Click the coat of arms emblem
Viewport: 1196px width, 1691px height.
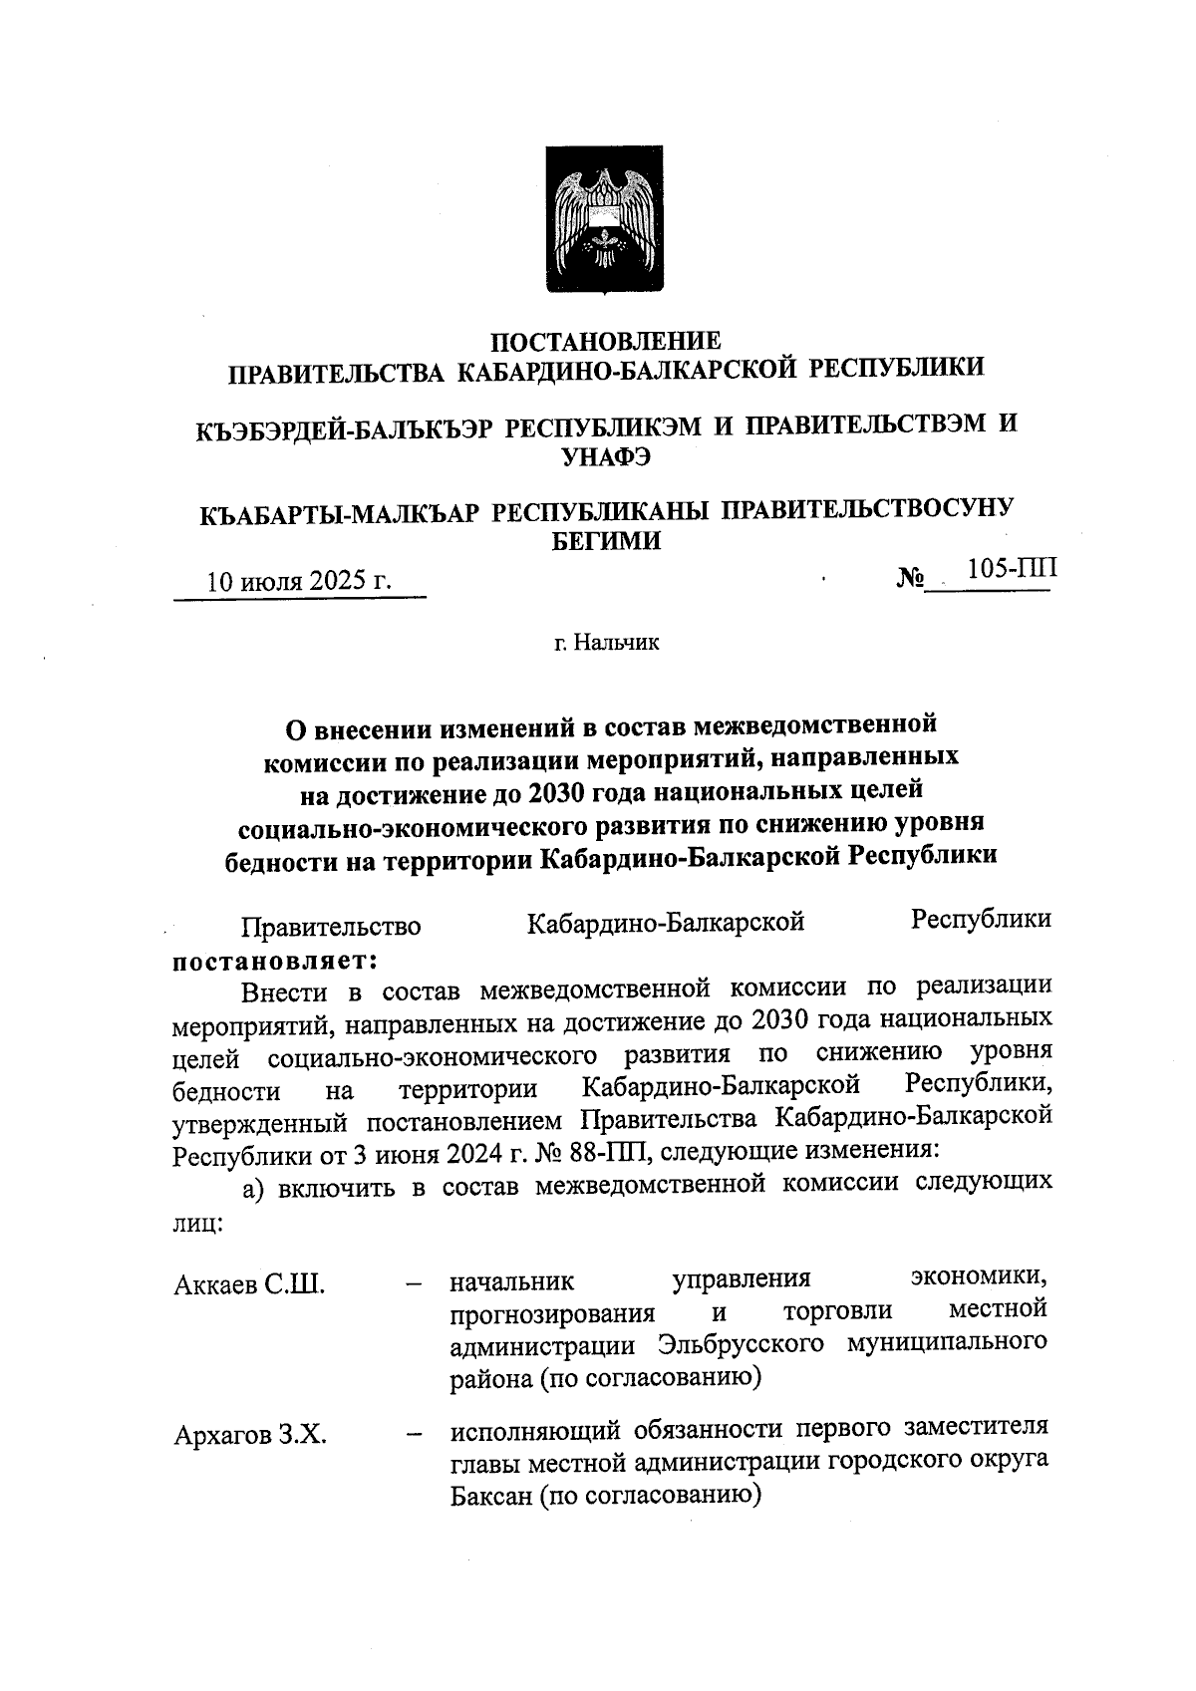pyautogui.click(x=603, y=220)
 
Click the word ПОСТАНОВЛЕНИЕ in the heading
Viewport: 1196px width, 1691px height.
pyautogui.click(x=607, y=342)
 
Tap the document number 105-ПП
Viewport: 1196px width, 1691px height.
pyautogui.click(x=1012, y=568)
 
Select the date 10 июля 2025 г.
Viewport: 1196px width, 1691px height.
pyautogui.click(x=298, y=582)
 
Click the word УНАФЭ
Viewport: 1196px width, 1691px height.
pyautogui.click(x=607, y=457)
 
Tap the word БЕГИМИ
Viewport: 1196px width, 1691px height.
pyautogui.click(x=606, y=541)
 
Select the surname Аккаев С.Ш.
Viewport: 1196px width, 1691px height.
pyautogui.click(x=249, y=1284)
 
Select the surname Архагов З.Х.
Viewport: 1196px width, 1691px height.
pyautogui.click(x=251, y=1436)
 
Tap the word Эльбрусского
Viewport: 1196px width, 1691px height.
pyautogui.click(x=741, y=1343)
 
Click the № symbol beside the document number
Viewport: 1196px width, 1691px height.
pyautogui.click(x=911, y=577)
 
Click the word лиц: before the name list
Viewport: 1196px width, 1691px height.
pyautogui.click(x=197, y=1224)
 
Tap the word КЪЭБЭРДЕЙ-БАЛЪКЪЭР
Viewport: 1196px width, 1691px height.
pyautogui.click(x=344, y=427)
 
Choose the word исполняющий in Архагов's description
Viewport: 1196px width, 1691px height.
pyautogui.click(x=537, y=1430)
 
